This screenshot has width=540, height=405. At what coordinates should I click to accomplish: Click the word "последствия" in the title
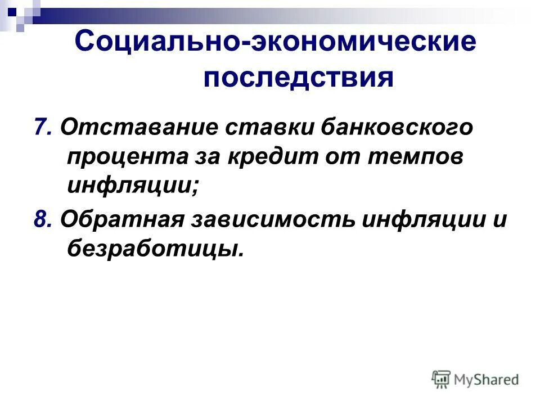(298, 77)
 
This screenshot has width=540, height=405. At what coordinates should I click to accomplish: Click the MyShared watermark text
(486, 380)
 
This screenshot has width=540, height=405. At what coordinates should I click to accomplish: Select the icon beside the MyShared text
(442, 379)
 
